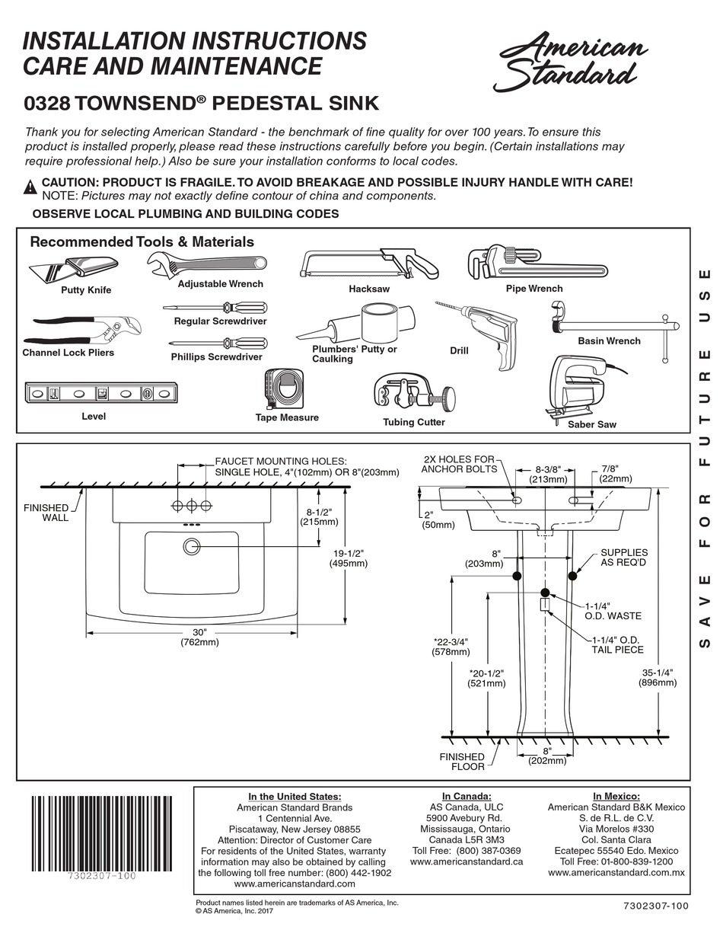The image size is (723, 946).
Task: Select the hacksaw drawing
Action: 369,264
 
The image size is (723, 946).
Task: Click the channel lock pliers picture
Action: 80,331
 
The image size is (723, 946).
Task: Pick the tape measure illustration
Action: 287,390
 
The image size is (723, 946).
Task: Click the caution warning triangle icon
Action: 30,187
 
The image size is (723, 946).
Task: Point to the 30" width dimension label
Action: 199,637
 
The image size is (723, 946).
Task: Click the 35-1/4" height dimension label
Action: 657,677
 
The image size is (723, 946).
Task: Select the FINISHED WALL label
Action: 46,513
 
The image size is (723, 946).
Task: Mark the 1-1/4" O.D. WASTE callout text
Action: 612,611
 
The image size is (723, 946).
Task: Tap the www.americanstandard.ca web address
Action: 467,861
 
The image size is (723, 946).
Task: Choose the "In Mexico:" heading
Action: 616,796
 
